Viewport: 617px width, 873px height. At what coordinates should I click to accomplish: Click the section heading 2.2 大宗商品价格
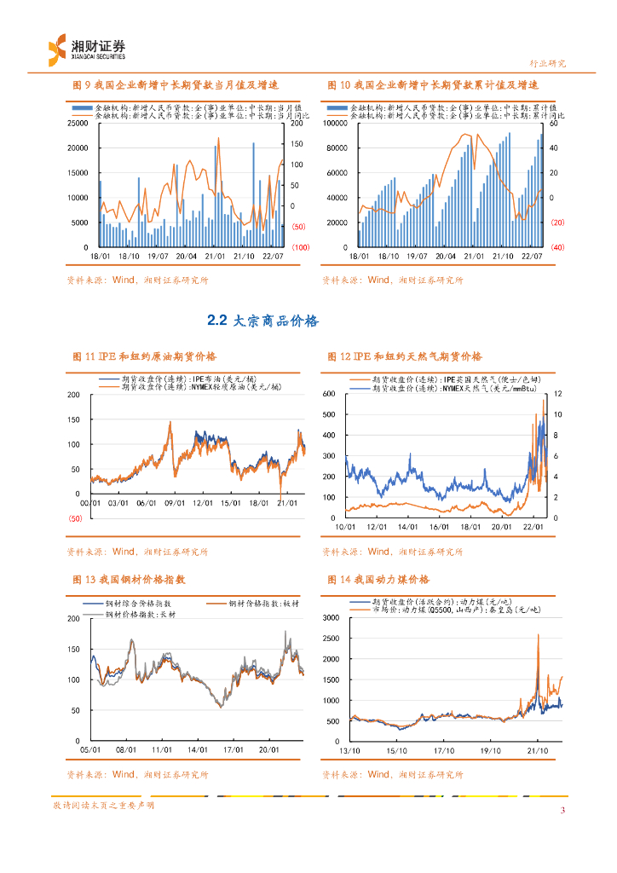[x=262, y=321]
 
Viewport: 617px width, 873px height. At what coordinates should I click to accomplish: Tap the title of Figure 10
[x=433, y=86]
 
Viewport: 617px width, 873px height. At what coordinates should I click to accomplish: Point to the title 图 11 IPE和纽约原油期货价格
[x=144, y=356]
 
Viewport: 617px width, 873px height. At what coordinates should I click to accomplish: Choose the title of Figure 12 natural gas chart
[x=404, y=356]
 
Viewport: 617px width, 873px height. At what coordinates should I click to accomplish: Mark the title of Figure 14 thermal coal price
[x=378, y=580]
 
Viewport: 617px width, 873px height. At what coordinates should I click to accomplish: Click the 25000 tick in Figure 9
[x=78, y=124]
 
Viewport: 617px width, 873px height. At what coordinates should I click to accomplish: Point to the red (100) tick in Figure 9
[x=300, y=247]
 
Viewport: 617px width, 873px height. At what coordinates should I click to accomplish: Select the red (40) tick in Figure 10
[x=557, y=247]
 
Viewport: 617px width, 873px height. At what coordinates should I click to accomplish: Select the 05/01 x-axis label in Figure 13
[x=90, y=750]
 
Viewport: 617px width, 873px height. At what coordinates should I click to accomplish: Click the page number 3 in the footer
[x=562, y=810]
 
